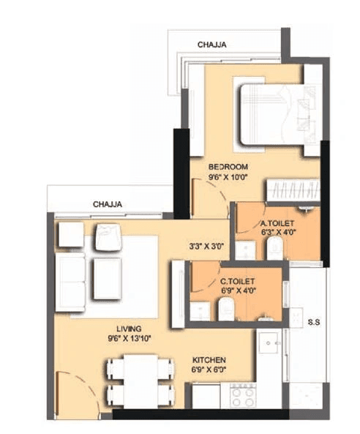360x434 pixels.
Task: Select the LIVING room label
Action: click(x=127, y=329)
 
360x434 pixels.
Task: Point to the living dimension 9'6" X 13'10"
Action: click(x=128, y=339)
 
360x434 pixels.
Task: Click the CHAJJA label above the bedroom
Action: click(x=211, y=45)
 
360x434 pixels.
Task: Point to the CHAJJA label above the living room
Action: click(x=107, y=204)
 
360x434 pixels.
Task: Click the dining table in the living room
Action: click(x=140, y=381)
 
